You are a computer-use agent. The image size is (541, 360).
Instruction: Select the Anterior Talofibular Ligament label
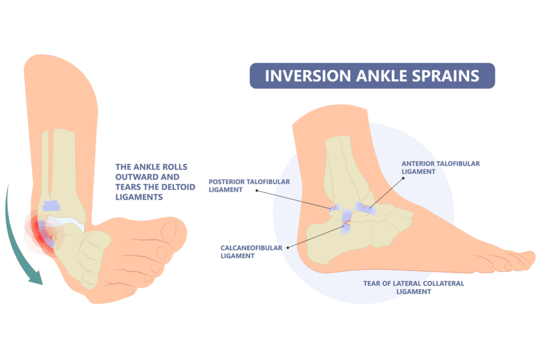click(x=441, y=167)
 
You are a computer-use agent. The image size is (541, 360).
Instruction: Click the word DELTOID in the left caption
click(x=176, y=187)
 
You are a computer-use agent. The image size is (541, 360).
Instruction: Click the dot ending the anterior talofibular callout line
click(x=403, y=178)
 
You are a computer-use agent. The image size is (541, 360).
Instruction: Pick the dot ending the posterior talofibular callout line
click(x=257, y=191)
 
